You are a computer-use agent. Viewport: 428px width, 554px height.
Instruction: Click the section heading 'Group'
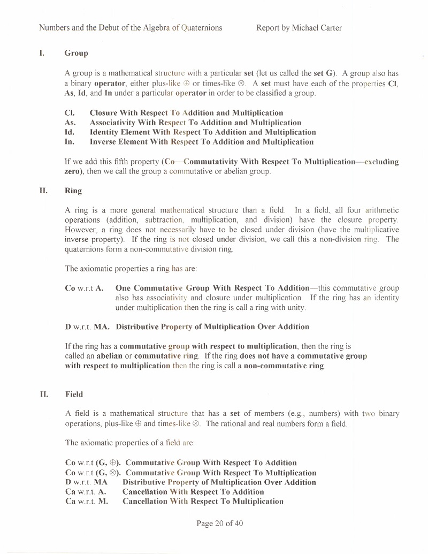pyautogui.click(x=76, y=53)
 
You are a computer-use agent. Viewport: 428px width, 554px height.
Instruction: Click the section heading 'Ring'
pyautogui.click(x=73, y=191)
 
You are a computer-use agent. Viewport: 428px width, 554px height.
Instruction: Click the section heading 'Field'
pyautogui.click(x=74, y=394)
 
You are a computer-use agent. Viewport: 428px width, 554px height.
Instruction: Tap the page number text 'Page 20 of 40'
pyautogui.click(x=220, y=523)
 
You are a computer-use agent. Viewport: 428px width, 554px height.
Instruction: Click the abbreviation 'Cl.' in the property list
pyautogui.click(x=69, y=113)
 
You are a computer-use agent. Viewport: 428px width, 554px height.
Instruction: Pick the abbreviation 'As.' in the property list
pyautogui.click(x=70, y=123)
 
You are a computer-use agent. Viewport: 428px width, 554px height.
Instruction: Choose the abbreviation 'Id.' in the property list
pyautogui.click(x=69, y=132)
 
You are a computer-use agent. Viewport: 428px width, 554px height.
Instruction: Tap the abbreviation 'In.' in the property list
pyautogui.click(x=69, y=142)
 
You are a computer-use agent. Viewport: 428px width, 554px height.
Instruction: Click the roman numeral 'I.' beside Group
pyautogui.click(x=41, y=53)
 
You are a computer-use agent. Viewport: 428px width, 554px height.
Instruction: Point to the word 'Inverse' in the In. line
pyautogui.click(x=104, y=142)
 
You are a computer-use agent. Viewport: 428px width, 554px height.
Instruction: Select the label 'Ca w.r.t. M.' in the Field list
pyautogui.click(x=87, y=502)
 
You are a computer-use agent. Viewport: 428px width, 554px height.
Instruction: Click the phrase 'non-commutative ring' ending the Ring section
pyautogui.click(x=284, y=366)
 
